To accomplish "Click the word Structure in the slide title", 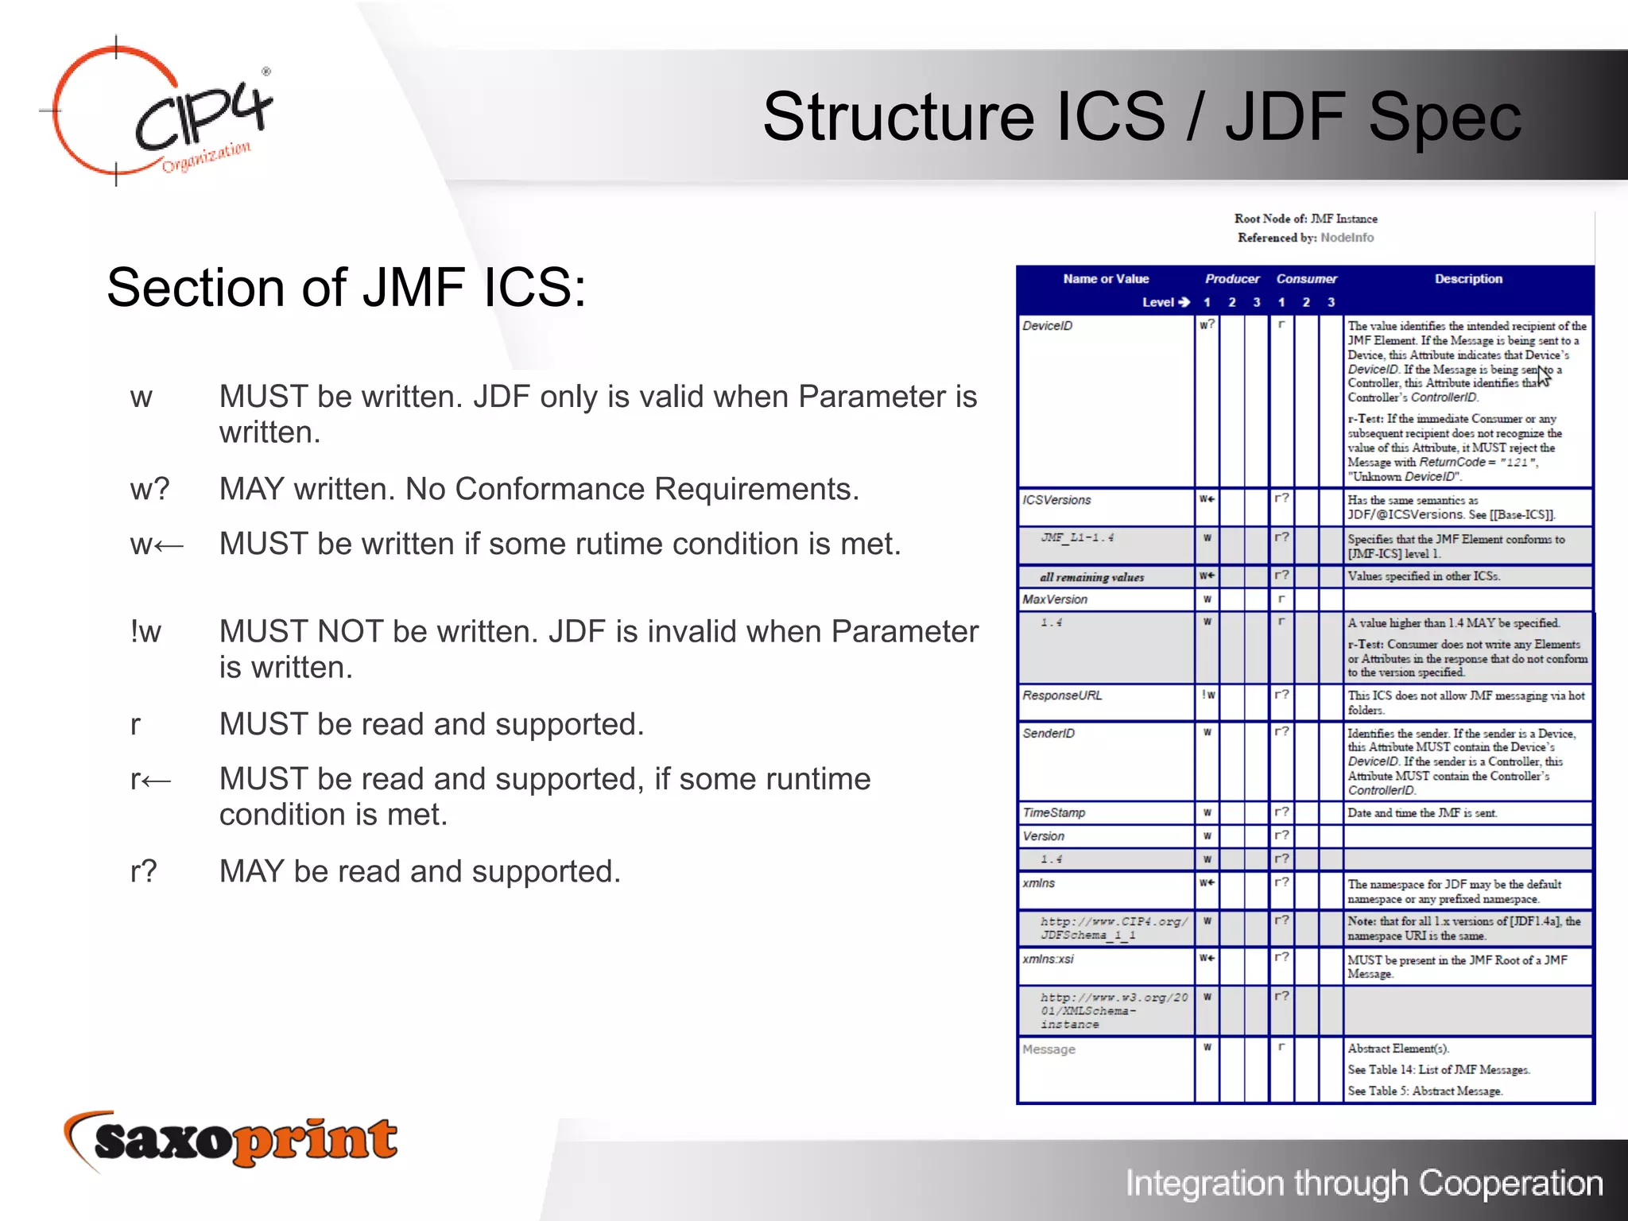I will [x=898, y=117].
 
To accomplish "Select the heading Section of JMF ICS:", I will [x=347, y=288].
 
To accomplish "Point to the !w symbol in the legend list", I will [x=145, y=632].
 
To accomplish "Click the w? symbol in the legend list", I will [x=149, y=489].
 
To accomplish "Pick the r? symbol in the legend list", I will [x=144, y=871].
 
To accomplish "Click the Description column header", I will [x=1468, y=279].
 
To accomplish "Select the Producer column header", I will [x=1231, y=279].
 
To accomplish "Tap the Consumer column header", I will [x=1306, y=279].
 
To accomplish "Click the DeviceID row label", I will [x=1048, y=326].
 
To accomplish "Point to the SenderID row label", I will [x=1049, y=733].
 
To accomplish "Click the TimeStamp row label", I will [x=1053, y=812].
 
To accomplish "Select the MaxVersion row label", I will [x=1055, y=599].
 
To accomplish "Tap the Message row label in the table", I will [x=1049, y=1049].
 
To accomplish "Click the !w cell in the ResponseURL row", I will [x=1207, y=696].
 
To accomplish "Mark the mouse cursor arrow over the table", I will [x=1543, y=376].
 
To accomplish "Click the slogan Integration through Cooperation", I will [x=1364, y=1183].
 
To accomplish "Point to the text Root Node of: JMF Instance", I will [x=1305, y=219].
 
